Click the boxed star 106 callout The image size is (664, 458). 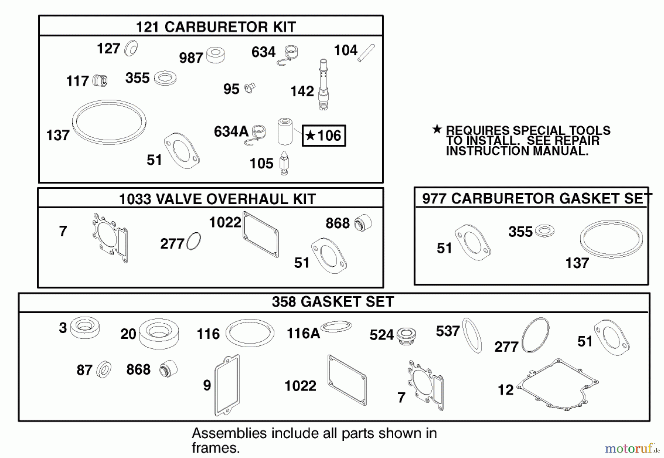coord(324,136)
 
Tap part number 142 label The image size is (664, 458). coord(302,91)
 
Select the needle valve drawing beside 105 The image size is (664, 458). coord(284,163)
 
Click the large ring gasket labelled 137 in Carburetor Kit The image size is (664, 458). coord(109,122)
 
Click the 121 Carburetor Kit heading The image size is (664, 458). coord(216,27)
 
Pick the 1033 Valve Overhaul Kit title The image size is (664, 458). coord(217,199)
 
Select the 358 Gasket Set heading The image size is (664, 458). coord(333,302)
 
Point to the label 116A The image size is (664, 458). coord(303,334)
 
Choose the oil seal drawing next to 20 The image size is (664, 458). coord(159,334)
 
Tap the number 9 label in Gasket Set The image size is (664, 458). coord(207,385)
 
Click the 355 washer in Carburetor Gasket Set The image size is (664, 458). coord(544,231)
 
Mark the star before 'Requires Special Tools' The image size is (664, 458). coord(437,129)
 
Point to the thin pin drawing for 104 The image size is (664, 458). coord(366,53)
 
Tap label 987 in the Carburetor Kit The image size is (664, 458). coord(191,58)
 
